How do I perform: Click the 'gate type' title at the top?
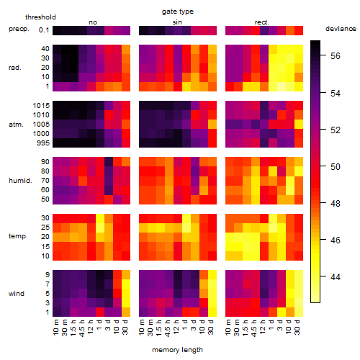tap(178, 12)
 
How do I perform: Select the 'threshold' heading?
tap(40, 17)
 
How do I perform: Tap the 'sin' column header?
tap(177, 22)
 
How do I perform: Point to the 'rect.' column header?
tap(261, 22)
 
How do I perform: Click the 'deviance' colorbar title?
tap(341, 29)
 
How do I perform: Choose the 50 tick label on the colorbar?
tap(335, 166)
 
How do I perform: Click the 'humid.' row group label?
tap(20, 180)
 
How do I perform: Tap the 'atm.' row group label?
tap(16, 125)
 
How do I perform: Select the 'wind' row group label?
tap(17, 293)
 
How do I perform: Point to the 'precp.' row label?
tap(19, 29)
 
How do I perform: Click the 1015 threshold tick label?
tap(41, 105)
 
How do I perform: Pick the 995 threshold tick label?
tap(43, 143)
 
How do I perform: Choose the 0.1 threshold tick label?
tap(44, 30)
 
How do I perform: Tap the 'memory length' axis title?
tap(177, 350)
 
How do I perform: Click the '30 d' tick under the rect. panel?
tap(297, 327)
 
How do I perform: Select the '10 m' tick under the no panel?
tap(55, 328)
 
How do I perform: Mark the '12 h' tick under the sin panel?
tap(176, 327)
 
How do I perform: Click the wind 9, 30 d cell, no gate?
tap(126, 274)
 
